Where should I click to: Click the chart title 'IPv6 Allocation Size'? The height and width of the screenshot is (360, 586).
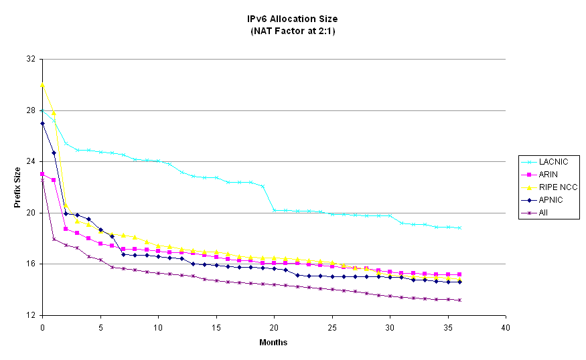click(293, 19)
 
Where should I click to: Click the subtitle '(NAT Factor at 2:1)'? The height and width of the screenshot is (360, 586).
click(293, 30)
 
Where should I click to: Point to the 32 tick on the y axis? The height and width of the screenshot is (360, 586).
click(30, 59)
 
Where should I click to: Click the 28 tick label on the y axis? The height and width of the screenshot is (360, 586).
click(30, 110)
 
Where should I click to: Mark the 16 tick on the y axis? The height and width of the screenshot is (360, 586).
click(30, 264)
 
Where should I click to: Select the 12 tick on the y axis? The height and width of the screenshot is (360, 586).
click(30, 315)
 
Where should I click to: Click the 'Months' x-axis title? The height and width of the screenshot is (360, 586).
click(273, 343)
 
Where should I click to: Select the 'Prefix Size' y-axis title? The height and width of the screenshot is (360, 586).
click(17, 188)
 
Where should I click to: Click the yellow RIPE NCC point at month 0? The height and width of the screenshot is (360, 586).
click(42, 85)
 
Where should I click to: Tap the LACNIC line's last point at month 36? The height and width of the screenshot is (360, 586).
click(459, 228)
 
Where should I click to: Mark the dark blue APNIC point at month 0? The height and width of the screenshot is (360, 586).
click(42, 123)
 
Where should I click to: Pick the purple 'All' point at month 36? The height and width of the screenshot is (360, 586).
click(459, 300)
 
